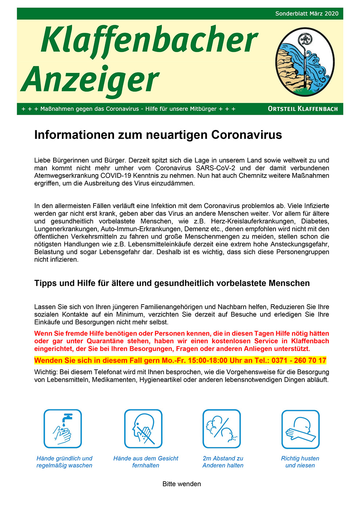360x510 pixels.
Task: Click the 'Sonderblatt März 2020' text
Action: pyautogui.click(x=306, y=14)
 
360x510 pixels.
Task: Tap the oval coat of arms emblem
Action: pyautogui.click(x=305, y=62)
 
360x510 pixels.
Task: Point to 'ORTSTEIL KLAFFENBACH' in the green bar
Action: pyautogui.click(x=302, y=109)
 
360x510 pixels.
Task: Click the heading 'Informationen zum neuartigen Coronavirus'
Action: pyautogui.click(x=158, y=135)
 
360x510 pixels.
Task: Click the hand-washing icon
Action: pyautogui.click(x=63, y=428)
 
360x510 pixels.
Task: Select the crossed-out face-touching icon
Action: pyautogui.click(x=143, y=428)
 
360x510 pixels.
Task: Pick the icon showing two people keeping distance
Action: pyautogui.click(x=222, y=428)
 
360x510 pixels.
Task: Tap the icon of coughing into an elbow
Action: pyautogui.click(x=300, y=429)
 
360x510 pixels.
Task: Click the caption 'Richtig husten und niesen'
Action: pyautogui.click(x=300, y=462)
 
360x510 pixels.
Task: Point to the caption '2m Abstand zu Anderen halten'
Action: pyautogui.click(x=223, y=462)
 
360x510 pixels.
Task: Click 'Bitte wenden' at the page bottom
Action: pyautogui.click(x=182, y=484)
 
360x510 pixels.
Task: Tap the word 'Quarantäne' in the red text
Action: pyautogui.click(x=105, y=341)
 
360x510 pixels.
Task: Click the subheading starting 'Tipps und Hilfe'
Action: pyautogui.click(x=172, y=283)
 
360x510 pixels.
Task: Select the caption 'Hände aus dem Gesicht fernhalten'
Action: pyautogui.click(x=146, y=462)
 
